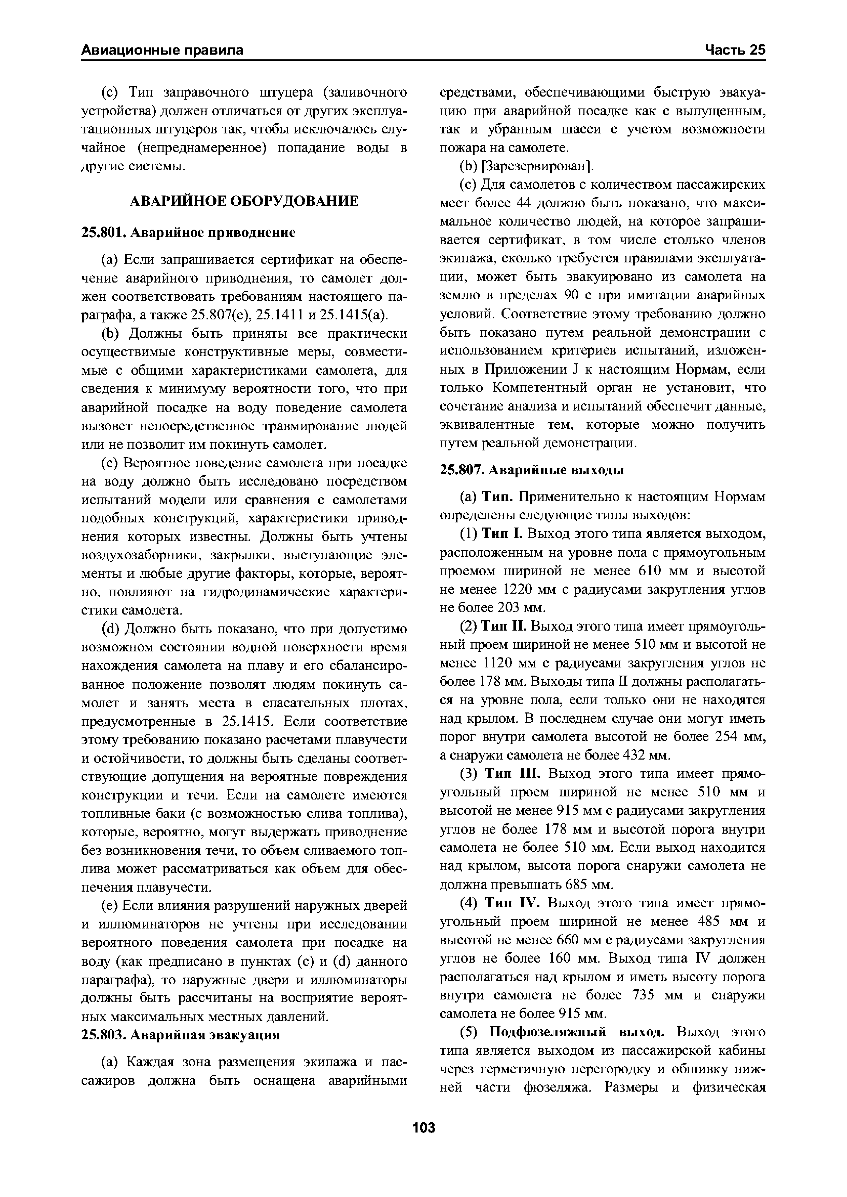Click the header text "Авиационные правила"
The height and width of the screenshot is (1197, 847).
(x=162, y=50)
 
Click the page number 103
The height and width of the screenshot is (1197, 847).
(x=423, y=1128)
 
